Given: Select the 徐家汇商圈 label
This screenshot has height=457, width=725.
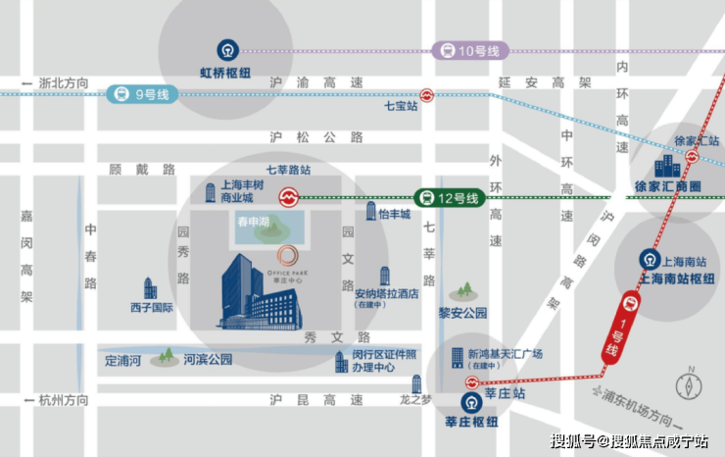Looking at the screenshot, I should coord(669,186).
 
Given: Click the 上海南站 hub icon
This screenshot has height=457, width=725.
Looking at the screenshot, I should coord(650,259).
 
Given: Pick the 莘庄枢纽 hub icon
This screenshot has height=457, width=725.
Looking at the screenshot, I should coord(472,404).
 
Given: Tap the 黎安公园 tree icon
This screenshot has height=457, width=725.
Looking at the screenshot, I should coord(463,291).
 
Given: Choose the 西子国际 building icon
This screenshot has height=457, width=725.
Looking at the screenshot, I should coord(150,287).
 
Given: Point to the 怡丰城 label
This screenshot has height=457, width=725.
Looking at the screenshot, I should coord(394,214).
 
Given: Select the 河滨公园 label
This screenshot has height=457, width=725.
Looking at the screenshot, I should coord(208,360).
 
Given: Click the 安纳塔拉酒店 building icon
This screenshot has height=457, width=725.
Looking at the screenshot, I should coord(385,276).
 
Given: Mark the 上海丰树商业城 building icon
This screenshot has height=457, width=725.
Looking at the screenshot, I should coord(210,192).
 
